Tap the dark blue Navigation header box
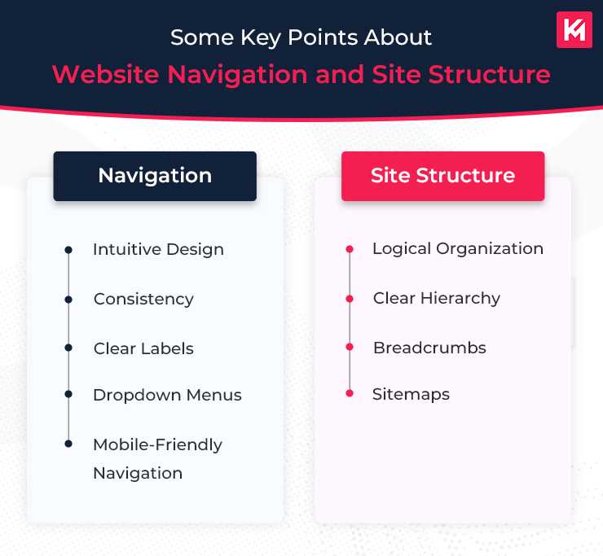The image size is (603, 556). [x=155, y=176]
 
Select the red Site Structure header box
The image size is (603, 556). [x=442, y=176]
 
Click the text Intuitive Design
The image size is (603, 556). [x=158, y=249]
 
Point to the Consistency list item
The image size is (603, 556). [x=143, y=299]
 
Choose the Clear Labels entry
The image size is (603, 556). [x=143, y=348]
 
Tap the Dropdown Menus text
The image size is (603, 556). [x=167, y=395]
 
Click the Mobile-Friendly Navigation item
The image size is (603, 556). [x=157, y=458]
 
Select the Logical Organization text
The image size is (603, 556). [x=457, y=248]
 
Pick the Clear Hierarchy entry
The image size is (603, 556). [x=436, y=298]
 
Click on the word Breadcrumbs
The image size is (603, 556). [x=429, y=348]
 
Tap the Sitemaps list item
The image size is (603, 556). [x=411, y=394]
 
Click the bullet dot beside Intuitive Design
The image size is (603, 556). [x=68, y=249]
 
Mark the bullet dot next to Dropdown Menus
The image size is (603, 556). [x=68, y=395]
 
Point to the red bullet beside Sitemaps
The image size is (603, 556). [x=350, y=394]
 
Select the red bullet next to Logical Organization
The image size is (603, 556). [x=350, y=249]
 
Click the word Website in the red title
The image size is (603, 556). [x=106, y=75]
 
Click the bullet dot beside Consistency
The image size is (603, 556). [x=68, y=299]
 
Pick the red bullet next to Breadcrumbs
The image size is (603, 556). [x=350, y=348]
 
